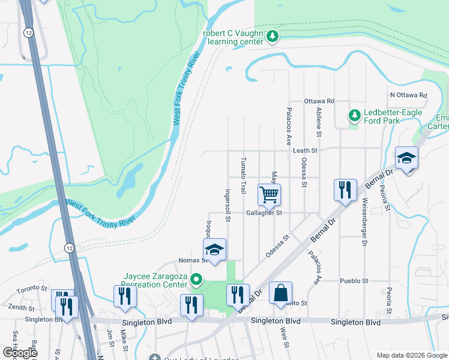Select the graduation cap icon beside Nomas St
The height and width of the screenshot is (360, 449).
(214, 249)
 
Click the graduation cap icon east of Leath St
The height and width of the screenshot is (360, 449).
(406, 158)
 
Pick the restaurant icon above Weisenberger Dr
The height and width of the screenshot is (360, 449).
(345, 190)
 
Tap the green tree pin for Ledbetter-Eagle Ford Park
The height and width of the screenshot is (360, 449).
(355, 114)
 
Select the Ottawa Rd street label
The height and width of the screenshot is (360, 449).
(319, 101)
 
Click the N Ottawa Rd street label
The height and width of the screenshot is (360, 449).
(408, 95)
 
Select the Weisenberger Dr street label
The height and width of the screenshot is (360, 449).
(363, 222)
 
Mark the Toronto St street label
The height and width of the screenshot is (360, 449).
(31, 289)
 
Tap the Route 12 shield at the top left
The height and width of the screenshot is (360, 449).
(28, 31)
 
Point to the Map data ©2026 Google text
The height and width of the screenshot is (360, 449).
(411, 355)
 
